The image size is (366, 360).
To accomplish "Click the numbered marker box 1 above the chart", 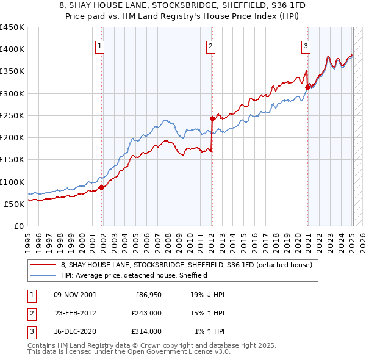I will click(x=99, y=45).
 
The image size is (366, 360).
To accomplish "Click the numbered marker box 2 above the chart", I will click(x=210, y=45).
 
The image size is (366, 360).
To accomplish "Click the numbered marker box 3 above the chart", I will click(x=305, y=45).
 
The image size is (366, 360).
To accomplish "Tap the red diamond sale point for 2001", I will click(x=102, y=187).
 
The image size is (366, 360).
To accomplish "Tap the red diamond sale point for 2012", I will click(x=212, y=118).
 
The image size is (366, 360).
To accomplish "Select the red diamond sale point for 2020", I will click(x=307, y=87).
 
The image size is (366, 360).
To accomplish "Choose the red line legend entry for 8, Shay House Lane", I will click(x=186, y=265).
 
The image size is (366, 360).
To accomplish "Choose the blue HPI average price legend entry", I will click(x=134, y=275).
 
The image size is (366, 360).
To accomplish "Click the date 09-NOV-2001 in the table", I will click(x=74, y=294).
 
